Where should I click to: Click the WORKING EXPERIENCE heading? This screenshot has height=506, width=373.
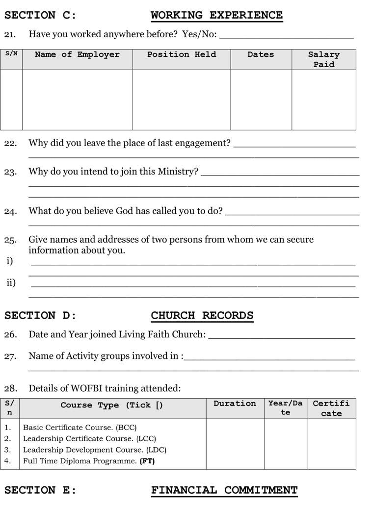(216, 15)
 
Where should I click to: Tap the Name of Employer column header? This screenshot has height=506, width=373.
(77, 54)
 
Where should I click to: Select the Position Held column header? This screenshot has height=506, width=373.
(182, 54)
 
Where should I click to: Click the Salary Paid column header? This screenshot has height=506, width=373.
(324, 59)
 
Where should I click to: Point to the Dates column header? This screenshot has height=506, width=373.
(261, 54)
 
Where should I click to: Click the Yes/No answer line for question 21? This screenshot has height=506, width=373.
(287, 36)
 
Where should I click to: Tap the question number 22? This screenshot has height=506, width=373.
(10, 144)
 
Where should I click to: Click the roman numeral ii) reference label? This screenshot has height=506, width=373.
(11, 283)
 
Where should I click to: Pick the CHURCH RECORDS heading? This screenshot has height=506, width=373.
(202, 315)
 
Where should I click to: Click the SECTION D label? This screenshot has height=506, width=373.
(40, 315)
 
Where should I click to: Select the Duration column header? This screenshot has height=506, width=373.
(235, 404)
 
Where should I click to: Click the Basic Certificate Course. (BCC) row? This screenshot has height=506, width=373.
(80, 428)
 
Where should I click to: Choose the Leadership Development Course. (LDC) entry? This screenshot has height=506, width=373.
(95, 450)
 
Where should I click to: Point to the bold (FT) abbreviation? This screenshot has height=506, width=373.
(147, 461)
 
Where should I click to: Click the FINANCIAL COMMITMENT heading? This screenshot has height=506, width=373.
(224, 490)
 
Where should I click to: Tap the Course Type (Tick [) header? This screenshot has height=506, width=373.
(112, 405)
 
